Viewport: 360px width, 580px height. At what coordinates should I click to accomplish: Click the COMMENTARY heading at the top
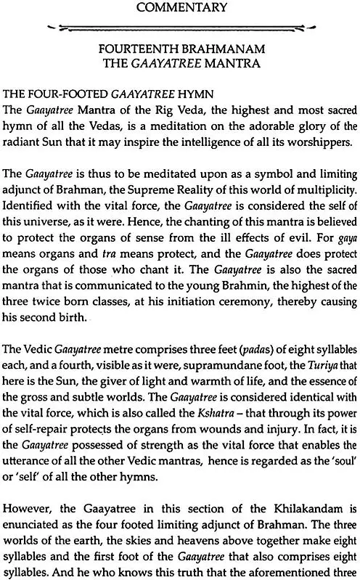coord(180,10)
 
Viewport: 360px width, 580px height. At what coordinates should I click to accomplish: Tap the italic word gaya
coord(342,266)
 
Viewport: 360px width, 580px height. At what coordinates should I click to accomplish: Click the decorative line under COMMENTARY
coord(180,28)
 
